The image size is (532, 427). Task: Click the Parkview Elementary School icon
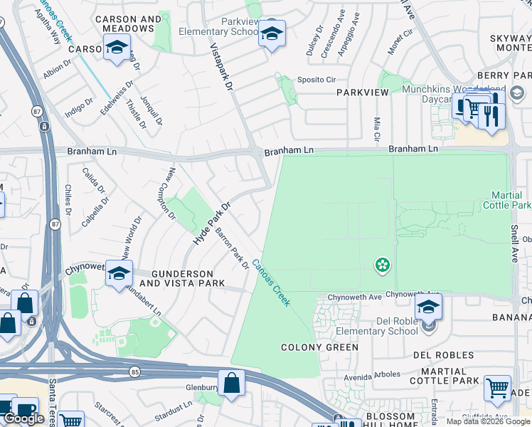[x=272, y=34]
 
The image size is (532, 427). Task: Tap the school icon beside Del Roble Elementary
[x=428, y=307]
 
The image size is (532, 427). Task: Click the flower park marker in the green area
[x=383, y=265]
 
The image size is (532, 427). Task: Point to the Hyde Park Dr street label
[x=212, y=225]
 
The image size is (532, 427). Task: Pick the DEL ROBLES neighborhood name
[x=443, y=354]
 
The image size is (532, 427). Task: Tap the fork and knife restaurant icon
[x=491, y=115]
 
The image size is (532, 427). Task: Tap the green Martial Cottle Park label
[x=511, y=200]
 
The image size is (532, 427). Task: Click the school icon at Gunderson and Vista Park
[x=119, y=273]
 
